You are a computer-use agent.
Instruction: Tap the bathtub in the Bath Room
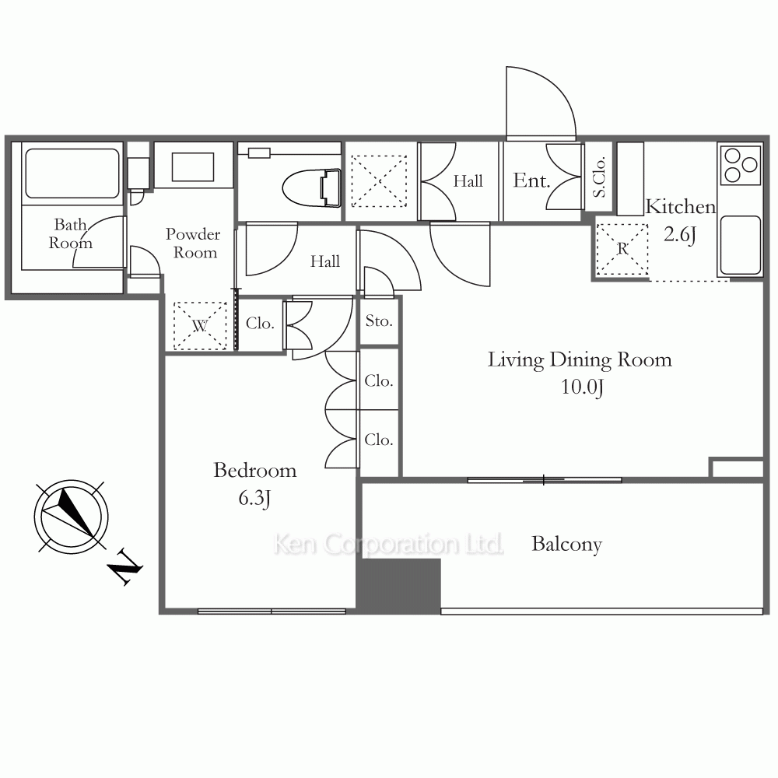(72, 173)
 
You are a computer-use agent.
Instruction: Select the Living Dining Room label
(580, 359)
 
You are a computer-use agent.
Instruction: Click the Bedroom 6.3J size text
(254, 498)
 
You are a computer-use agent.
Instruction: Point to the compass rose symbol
(72, 516)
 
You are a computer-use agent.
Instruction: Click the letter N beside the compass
(125, 567)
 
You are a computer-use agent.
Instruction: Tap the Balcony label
(566, 545)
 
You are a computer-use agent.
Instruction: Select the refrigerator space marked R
(622, 249)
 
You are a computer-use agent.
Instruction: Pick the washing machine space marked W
(200, 325)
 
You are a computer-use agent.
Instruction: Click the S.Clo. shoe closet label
(599, 177)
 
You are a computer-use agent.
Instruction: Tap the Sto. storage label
(379, 321)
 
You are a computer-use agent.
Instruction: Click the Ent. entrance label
(531, 180)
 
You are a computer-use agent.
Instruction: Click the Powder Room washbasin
(193, 166)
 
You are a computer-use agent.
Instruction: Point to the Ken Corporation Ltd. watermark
(388, 544)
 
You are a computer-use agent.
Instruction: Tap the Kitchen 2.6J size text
(680, 234)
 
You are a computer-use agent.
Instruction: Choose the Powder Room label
(194, 243)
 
